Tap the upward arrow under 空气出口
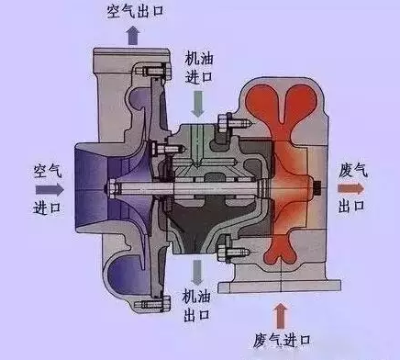pos(133,34)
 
